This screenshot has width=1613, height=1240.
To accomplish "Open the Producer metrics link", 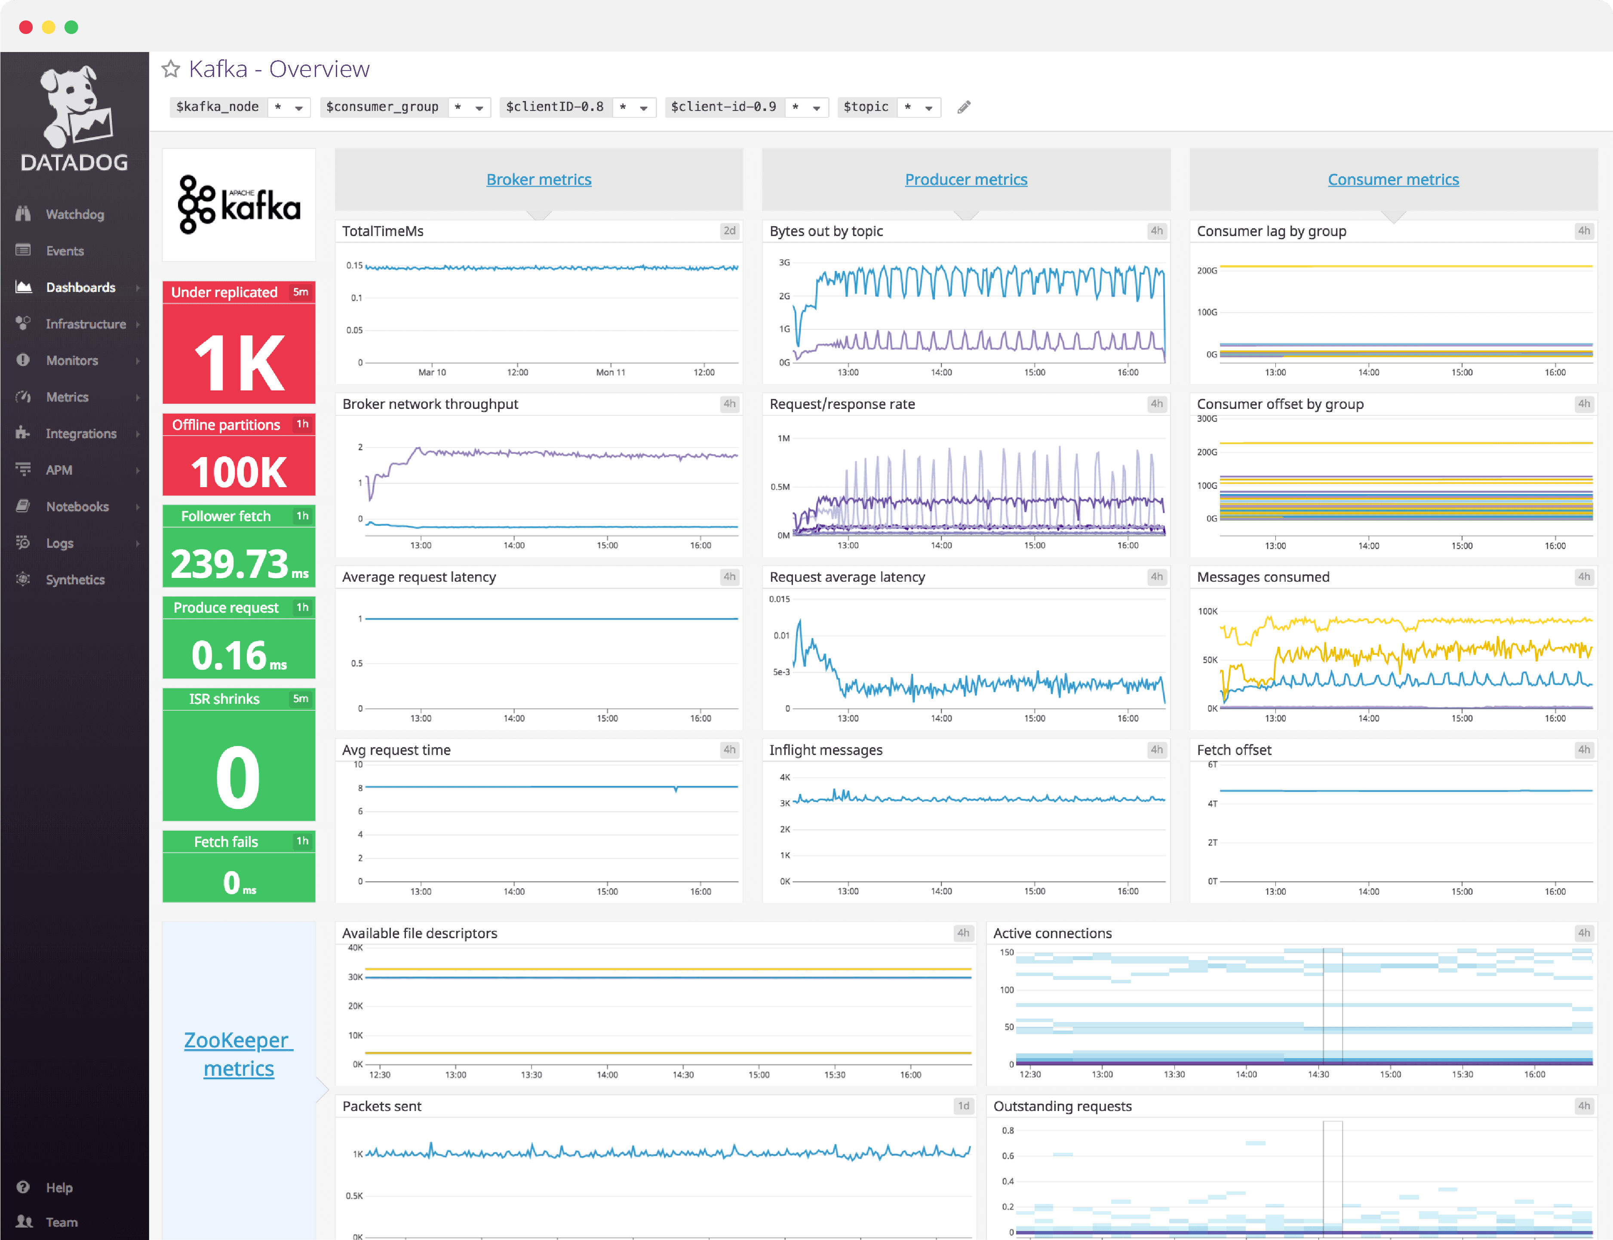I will (x=965, y=179).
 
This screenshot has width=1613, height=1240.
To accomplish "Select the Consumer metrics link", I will (x=1392, y=179).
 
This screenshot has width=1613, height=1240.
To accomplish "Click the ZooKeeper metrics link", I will (x=238, y=1053).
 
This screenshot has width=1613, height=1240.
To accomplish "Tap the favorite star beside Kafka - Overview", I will (x=171, y=69).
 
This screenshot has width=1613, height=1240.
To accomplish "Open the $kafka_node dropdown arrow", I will (x=299, y=108).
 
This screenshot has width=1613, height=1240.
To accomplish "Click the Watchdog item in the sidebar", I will (x=74, y=214).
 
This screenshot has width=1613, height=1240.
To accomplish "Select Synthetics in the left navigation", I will (x=74, y=580).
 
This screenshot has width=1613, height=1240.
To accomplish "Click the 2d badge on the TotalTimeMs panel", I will (x=728, y=231).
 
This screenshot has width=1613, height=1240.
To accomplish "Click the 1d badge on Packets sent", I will (x=963, y=1106).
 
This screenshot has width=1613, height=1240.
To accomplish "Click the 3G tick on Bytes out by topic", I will (x=784, y=263).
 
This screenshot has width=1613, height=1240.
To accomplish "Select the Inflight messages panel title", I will (x=825, y=750).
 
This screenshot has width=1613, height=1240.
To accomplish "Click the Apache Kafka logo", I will (x=238, y=205).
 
